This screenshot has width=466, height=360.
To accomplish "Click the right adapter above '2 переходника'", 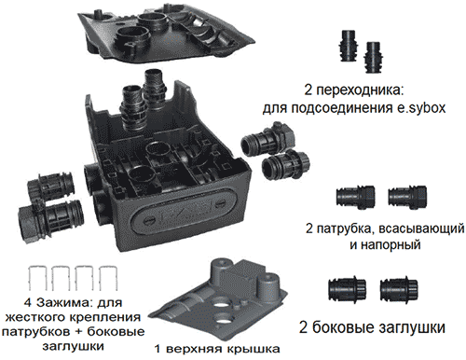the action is click(373, 57).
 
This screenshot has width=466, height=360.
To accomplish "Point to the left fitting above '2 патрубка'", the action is click(355, 197).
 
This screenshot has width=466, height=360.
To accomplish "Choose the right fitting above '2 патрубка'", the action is click(407, 197).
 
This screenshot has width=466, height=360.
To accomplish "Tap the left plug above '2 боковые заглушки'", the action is click(348, 289).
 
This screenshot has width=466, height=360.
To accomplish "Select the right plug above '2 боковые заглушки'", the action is click(399, 289).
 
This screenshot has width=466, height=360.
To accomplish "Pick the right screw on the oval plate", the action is click(221, 203).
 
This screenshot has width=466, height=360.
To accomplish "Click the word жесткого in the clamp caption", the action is click(33, 317).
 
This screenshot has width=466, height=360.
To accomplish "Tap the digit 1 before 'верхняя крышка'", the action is click(158, 349).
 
